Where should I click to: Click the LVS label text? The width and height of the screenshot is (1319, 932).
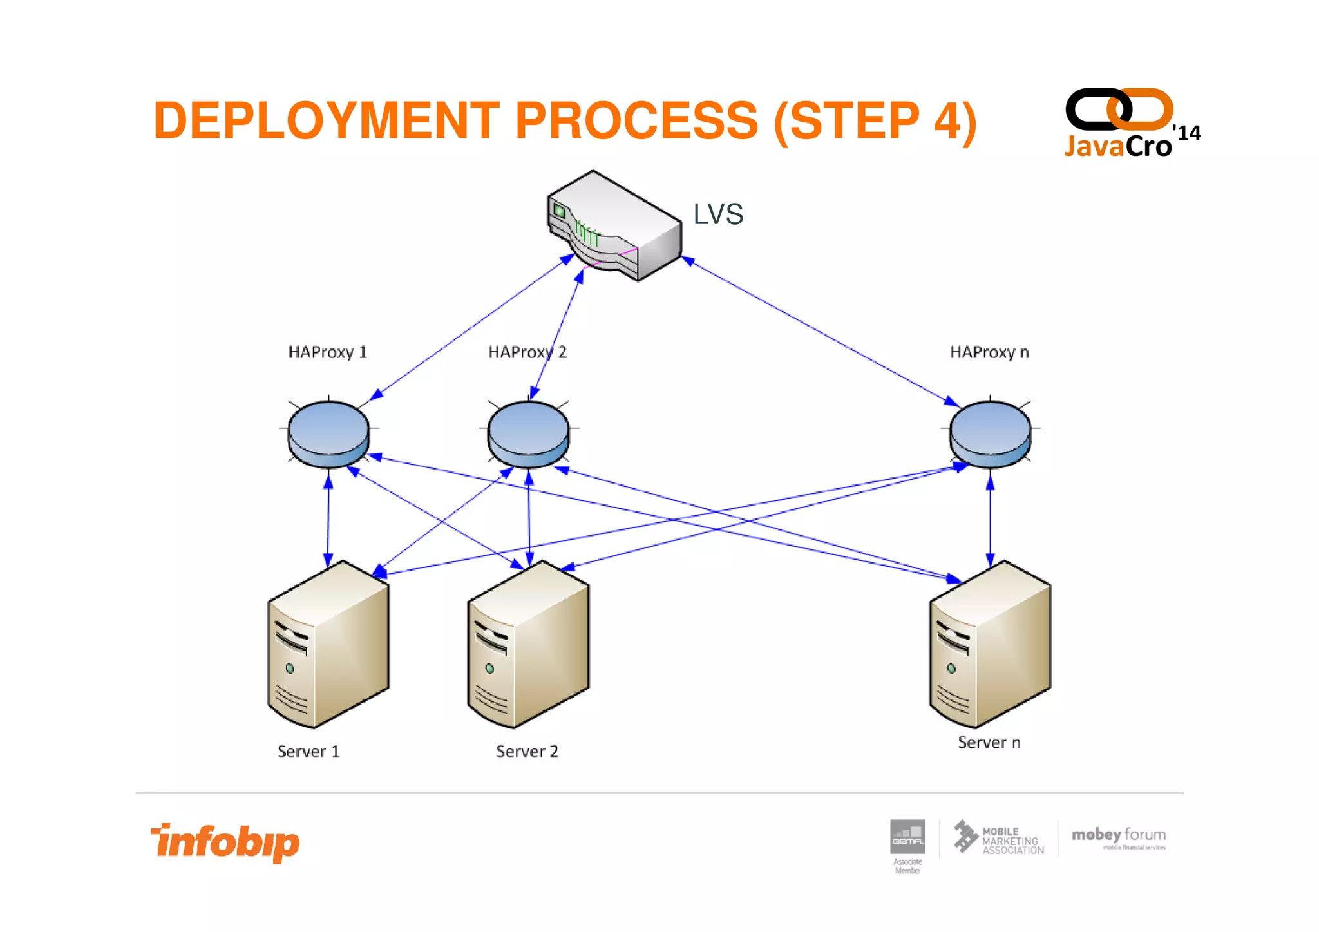(x=718, y=214)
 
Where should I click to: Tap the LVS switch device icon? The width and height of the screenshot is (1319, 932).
(x=614, y=225)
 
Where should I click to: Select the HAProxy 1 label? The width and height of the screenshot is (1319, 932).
(x=327, y=352)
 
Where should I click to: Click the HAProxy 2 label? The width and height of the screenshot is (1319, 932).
(x=527, y=352)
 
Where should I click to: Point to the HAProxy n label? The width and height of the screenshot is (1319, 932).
(x=989, y=352)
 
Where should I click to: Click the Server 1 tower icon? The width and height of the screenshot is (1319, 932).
(x=328, y=644)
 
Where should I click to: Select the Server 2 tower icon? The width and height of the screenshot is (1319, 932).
(x=528, y=644)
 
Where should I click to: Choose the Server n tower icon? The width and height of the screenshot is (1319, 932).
(x=990, y=644)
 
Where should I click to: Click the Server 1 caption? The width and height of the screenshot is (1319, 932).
(x=308, y=752)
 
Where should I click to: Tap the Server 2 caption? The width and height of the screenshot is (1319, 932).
(x=527, y=752)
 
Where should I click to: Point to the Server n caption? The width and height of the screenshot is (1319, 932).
(x=989, y=743)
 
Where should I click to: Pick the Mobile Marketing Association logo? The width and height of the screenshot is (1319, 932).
(x=999, y=839)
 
